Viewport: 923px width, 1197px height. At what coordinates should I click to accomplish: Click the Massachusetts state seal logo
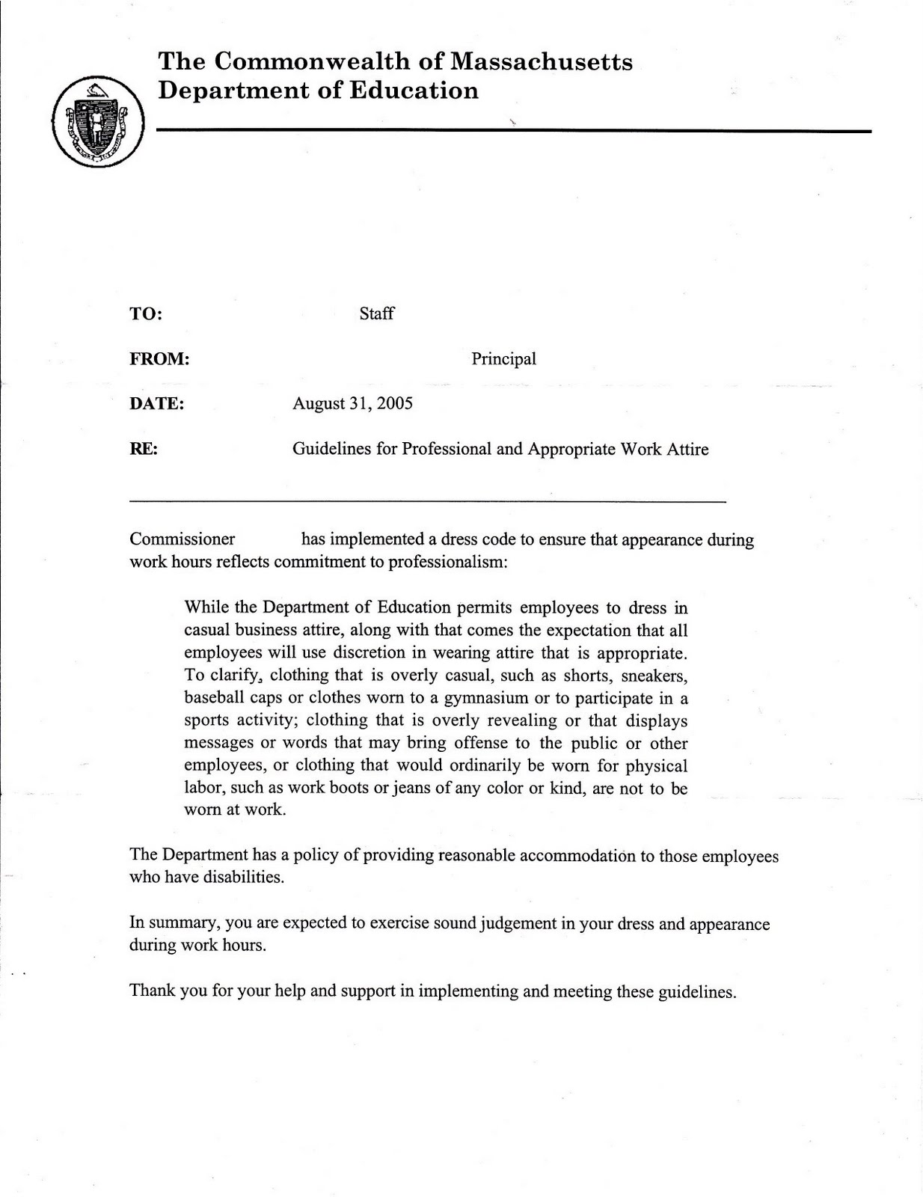(98, 121)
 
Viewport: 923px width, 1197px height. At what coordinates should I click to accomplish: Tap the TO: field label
(146, 313)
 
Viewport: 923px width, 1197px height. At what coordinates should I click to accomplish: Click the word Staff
(376, 313)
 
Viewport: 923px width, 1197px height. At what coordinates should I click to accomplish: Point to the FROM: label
(159, 359)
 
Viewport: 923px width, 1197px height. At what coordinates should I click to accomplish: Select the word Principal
(503, 359)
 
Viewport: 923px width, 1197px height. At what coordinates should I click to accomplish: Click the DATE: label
(156, 404)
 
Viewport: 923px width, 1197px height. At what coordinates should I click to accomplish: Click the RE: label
(144, 450)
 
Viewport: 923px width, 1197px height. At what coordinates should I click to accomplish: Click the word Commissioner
(182, 539)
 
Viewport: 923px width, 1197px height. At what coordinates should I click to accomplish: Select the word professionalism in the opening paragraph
(447, 562)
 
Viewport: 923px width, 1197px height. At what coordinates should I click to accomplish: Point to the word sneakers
(654, 676)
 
